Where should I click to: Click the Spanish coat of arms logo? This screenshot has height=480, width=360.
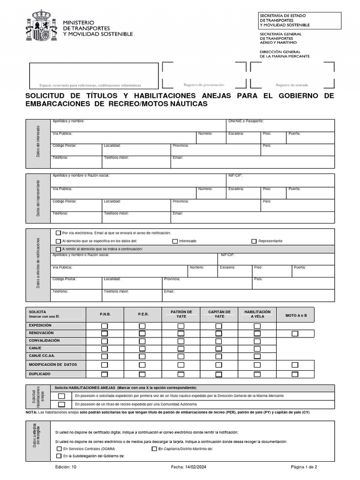point(41,26)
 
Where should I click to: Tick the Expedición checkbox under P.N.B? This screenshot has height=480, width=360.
point(105,326)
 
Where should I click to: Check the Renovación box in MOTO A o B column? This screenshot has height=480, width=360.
point(294,334)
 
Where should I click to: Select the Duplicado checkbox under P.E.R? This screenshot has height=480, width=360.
point(142,374)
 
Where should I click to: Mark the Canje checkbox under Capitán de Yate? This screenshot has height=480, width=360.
point(218,349)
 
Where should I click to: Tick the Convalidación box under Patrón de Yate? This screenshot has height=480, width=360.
point(180,341)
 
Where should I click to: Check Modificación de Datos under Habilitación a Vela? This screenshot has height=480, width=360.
point(257,365)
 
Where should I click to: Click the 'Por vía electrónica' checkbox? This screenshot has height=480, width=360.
point(58,233)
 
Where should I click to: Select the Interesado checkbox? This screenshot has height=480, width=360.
point(175,241)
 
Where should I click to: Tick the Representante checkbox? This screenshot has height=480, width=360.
point(254,241)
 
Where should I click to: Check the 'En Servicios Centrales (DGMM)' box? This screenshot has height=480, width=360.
point(59,449)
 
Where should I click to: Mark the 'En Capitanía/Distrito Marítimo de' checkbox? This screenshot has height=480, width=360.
point(154,449)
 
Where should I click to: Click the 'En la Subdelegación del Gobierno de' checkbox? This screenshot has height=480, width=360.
point(59,456)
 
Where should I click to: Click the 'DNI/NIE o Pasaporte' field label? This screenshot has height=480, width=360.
point(247,121)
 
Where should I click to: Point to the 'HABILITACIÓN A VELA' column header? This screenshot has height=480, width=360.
point(257,314)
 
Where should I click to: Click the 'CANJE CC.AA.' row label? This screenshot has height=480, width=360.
point(40,356)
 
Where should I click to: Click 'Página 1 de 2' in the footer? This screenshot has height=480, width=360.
point(304,467)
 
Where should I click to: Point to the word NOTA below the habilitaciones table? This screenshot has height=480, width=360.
point(31,412)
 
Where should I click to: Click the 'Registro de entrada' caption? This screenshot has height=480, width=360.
point(292,85)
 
